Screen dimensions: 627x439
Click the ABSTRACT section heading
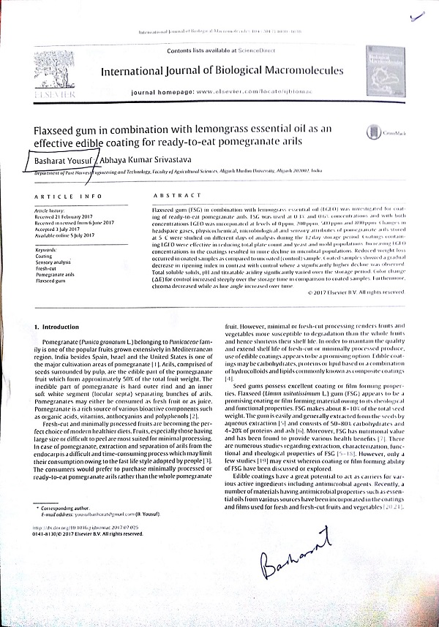tap(176, 196)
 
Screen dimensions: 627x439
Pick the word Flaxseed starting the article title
tap(56, 129)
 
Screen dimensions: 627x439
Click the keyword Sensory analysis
tap(53, 262)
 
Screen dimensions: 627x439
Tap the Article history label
tap(50, 210)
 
